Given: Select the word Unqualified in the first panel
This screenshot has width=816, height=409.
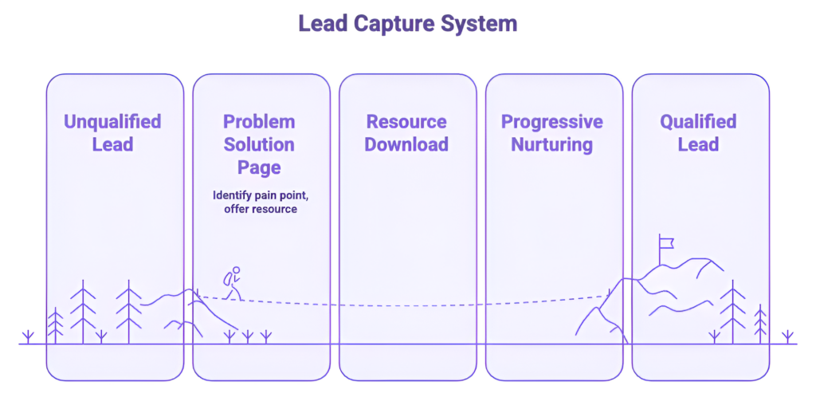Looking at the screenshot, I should tap(112, 122).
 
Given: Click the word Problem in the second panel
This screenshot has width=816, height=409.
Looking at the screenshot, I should tap(259, 122).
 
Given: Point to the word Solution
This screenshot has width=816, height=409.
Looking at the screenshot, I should tap(259, 144).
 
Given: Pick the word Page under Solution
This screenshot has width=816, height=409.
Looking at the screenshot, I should tap(259, 167).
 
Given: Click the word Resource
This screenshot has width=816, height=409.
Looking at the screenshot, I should tap(406, 122).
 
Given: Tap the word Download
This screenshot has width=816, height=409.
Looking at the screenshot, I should tap(406, 144).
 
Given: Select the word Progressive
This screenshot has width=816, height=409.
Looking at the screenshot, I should tap(552, 122).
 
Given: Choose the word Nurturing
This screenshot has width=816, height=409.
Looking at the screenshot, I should tap(552, 144).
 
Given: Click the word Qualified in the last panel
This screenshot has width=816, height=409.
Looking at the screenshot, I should tap(698, 122).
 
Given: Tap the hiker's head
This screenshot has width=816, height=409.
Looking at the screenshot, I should tap(236, 270).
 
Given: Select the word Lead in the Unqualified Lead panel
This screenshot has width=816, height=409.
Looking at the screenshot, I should tap(112, 144).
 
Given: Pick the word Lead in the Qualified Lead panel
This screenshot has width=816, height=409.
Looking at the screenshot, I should tap(698, 144).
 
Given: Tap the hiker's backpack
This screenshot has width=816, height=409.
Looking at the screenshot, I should tap(227, 279).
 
